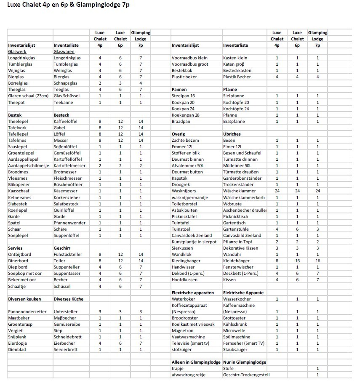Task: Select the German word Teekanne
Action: click(64, 102)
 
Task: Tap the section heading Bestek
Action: click(15, 115)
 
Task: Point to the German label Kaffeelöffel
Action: click(67, 121)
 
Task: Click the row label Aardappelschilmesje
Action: click(29, 166)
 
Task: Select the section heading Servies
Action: click(16, 248)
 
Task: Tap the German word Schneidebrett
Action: click(69, 337)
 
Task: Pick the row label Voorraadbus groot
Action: click(190, 64)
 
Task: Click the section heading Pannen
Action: click(179, 90)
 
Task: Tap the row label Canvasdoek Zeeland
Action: click(192, 236)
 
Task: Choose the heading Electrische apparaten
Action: click(193, 293)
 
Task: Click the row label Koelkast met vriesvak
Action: click(193, 324)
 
